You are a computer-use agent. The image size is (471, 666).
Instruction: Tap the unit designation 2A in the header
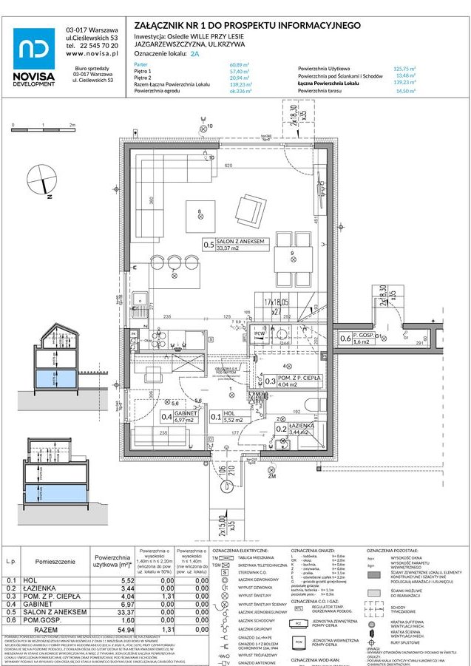click(x=194, y=54)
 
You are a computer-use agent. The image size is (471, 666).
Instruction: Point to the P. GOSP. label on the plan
click(x=363, y=336)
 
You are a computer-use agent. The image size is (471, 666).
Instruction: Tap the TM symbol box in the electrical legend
click(x=216, y=559)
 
